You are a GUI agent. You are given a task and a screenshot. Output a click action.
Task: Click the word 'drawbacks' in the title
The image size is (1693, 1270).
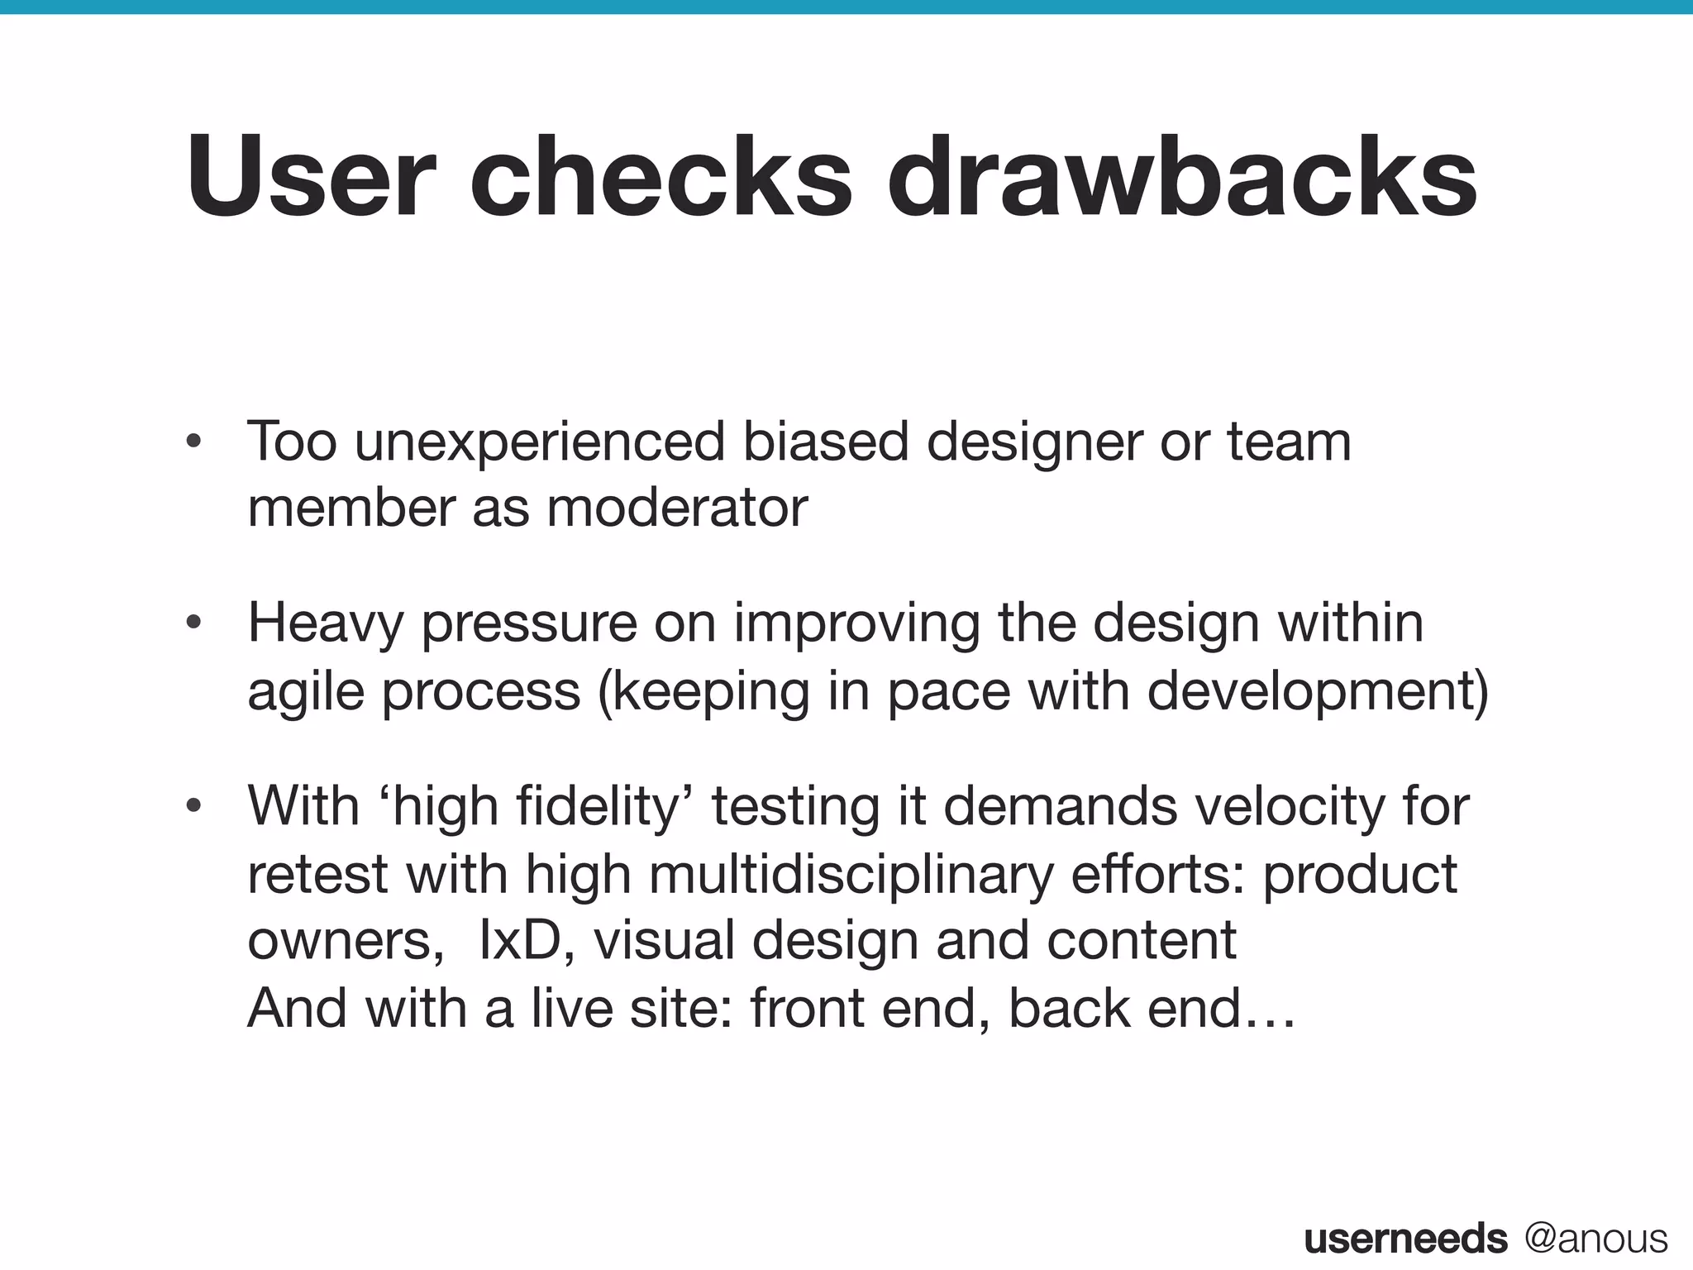[1182, 178]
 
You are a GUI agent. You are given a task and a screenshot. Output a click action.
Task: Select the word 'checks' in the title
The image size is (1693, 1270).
[661, 178]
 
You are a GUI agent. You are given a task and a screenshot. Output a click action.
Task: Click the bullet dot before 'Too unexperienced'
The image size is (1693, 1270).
[194, 443]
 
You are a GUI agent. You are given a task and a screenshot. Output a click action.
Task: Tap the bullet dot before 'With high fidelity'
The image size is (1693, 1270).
[194, 806]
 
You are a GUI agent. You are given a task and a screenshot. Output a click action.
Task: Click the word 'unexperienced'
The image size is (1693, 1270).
[540, 443]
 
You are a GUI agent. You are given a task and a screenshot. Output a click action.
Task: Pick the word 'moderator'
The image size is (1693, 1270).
[677, 508]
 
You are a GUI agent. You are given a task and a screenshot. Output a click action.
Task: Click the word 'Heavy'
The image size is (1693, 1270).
[326, 625]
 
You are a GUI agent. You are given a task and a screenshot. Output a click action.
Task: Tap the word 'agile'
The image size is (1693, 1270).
[306, 691]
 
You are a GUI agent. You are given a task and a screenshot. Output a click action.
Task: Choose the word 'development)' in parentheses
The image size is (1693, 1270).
[1318, 691]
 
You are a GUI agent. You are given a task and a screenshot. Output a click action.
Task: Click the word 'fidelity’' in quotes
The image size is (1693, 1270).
[608, 806]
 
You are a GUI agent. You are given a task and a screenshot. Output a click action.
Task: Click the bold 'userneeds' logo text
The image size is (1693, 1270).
[1405, 1239]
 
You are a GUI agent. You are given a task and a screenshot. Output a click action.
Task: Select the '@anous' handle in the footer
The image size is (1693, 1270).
[1596, 1239]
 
